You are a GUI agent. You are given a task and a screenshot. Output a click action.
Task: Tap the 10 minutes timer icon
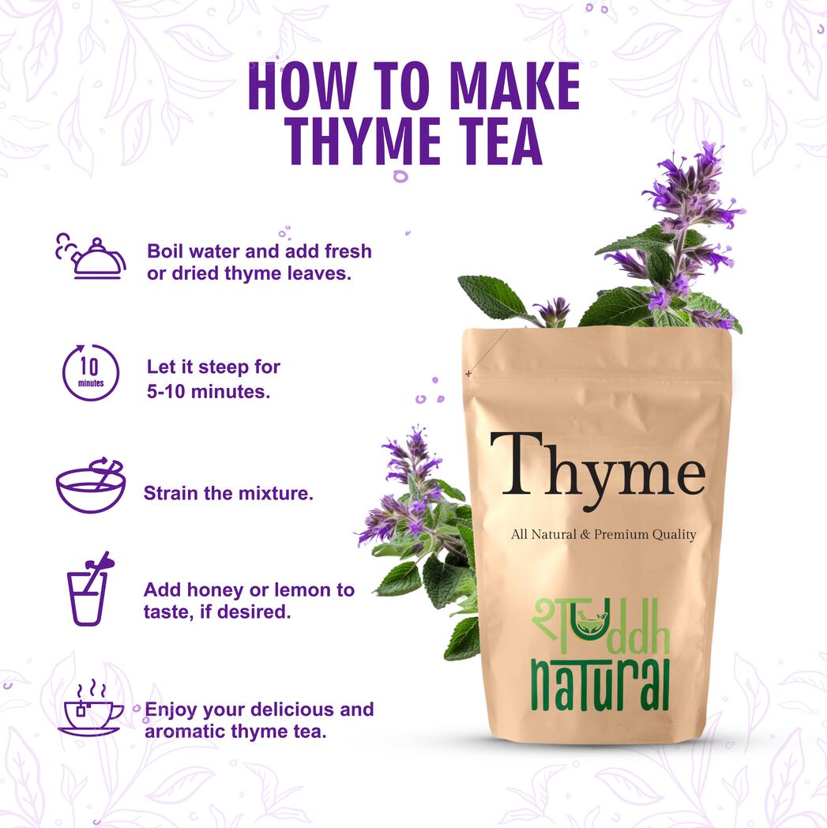[90, 372]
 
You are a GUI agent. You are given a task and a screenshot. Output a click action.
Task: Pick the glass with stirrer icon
[88, 589]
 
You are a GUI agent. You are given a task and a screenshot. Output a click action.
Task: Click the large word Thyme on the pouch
[597, 472]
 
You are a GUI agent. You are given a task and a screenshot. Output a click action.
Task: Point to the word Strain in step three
[167, 494]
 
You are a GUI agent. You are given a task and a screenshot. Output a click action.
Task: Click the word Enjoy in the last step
[170, 709]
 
